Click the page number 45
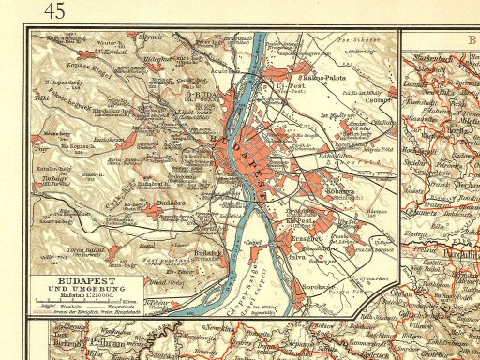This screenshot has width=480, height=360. point(53,11)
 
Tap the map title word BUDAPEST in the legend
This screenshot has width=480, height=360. point(76,280)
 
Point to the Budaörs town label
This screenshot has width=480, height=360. point(152,201)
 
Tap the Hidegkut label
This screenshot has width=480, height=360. point(162,58)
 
